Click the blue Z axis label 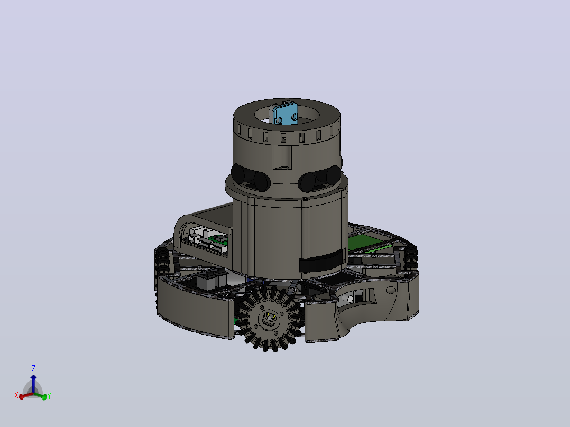[33, 369]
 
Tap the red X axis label [16, 395]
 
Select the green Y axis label [49, 396]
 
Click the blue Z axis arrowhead [33, 377]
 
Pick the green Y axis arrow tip [44, 397]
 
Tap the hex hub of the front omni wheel [269, 319]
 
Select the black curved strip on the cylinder [321, 261]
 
